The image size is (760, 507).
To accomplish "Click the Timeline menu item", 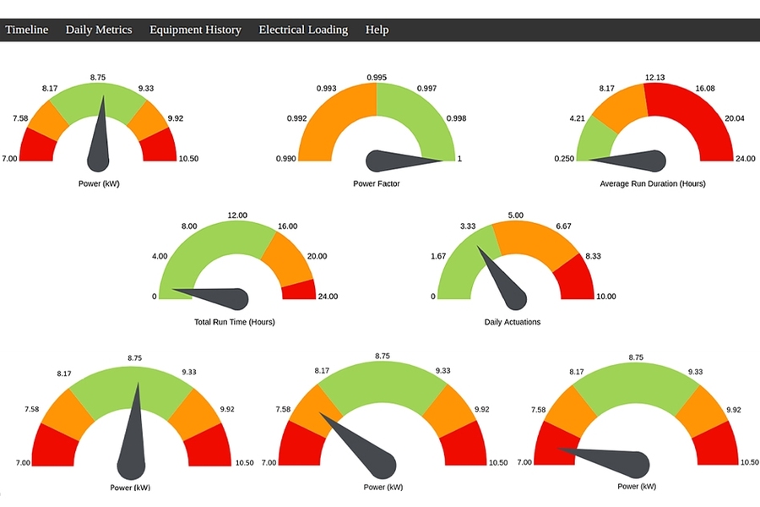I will (x=27, y=30).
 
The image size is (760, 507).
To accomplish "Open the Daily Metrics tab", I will (x=99, y=30).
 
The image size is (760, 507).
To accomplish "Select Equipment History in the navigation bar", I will (x=195, y=30).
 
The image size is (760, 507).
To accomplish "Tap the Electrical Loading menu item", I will (x=303, y=30).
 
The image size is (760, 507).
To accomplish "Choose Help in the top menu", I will (x=377, y=30).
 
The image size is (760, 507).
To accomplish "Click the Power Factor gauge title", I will (x=377, y=183).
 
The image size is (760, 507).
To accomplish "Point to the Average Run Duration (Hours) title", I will (x=653, y=183).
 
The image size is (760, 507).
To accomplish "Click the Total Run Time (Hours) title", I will (x=235, y=322).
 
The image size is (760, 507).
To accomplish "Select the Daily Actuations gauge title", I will (x=513, y=322).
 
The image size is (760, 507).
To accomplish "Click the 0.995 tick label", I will (x=377, y=78).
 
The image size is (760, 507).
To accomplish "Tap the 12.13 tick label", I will (x=654, y=78).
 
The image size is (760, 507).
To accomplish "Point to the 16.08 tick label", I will (x=705, y=88).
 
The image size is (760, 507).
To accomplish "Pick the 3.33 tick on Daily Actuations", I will (x=468, y=226).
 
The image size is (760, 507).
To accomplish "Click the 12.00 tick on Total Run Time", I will (x=237, y=215).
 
